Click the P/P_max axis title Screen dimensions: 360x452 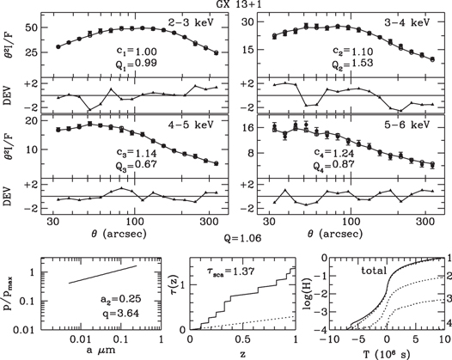coord(12,294)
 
